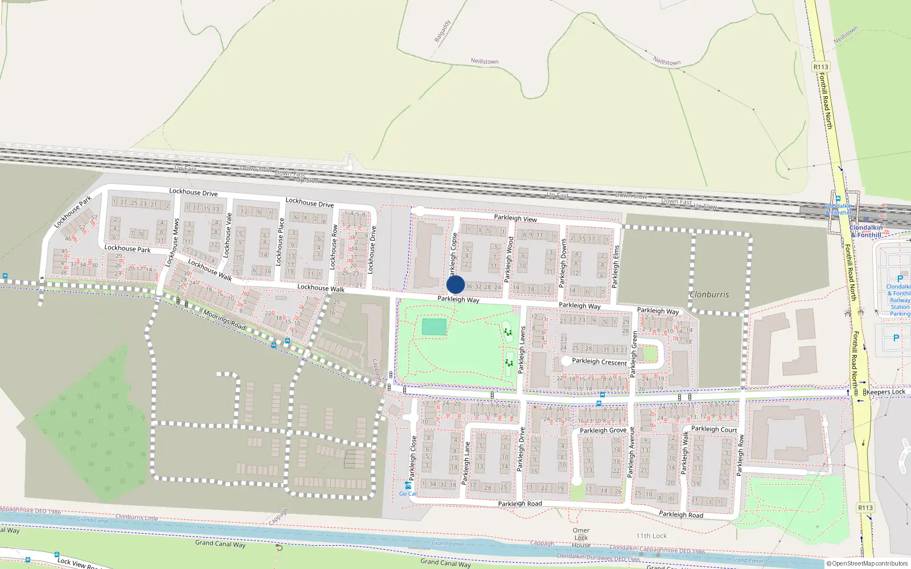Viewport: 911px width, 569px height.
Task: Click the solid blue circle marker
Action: point(455,284)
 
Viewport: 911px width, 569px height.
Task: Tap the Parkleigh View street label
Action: point(515,218)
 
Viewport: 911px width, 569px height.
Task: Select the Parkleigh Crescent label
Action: point(599,362)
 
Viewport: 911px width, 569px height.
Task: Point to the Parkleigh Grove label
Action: point(603,430)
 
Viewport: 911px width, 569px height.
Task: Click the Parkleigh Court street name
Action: point(714,429)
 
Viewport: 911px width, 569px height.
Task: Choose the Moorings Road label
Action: point(224,320)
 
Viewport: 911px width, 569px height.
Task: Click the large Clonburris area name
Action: point(709,295)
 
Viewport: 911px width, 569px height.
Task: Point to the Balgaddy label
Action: point(442,31)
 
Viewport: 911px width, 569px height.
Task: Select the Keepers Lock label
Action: point(885,391)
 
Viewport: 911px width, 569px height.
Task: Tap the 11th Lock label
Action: point(651,536)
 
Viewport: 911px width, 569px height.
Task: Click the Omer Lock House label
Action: point(581,538)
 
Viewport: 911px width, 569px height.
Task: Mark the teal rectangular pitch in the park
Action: point(434,327)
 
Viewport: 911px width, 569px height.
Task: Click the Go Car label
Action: point(408,493)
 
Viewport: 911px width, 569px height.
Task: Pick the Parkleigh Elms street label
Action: point(615,266)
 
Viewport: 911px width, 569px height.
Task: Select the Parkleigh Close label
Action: point(413,457)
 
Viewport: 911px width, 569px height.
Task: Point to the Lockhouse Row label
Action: point(334,247)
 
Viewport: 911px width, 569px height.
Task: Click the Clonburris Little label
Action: point(137,517)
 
